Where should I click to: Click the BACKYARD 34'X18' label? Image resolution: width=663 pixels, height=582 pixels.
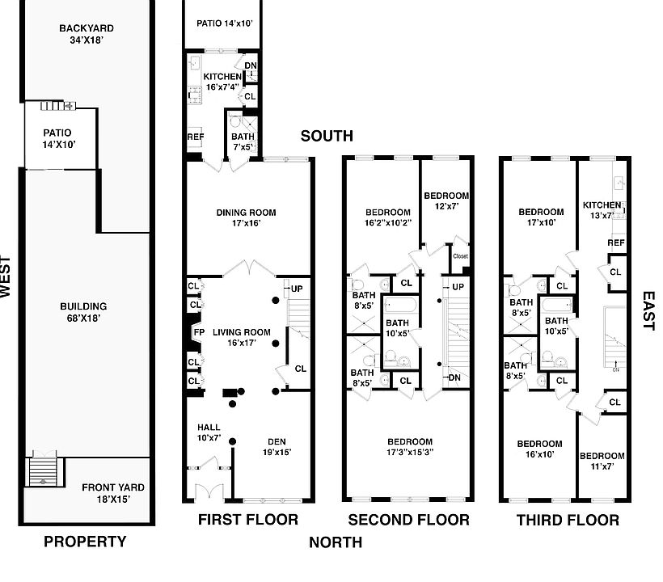pyautogui.click(x=87, y=34)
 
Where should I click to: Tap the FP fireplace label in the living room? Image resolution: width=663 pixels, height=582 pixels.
pyautogui.click(x=199, y=332)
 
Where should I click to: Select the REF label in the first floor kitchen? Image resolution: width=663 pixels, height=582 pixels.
pyautogui.click(x=196, y=137)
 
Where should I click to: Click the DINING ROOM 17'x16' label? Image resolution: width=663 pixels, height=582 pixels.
pyautogui.click(x=246, y=217)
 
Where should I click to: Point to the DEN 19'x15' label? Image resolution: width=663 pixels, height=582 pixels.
pyautogui.click(x=277, y=447)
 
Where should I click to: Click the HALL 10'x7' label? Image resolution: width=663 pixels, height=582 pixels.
pyautogui.click(x=209, y=432)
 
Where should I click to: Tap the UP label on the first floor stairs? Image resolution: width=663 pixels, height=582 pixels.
pyautogui.click(x=297, y=289)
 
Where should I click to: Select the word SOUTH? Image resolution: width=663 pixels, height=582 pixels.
pyautogui.click(x=327, y=136)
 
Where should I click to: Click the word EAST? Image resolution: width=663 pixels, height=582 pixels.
pyautogui.click(x=648, y=310)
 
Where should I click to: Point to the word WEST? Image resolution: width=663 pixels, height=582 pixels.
pyautogui.click(x=5, y=276)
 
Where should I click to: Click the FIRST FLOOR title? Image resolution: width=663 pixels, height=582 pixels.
pyautogui.click(x=248, y=520)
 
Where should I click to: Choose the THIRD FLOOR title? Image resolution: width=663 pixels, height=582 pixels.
pyautogui.click(x=568, y=520)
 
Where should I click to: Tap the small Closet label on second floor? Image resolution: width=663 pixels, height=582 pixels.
pyautogui.click(x=461, y=256)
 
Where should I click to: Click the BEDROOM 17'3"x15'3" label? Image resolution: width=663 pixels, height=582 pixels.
pyautogui.click(x=410, y=447)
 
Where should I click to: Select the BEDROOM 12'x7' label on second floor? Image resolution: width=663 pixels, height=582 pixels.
pyautogui.click(x=446, y=200)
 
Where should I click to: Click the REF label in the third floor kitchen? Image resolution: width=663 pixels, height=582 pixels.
pyautogui.click(x=616, y=242)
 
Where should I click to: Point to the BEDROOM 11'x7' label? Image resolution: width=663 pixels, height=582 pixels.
pyautogui.click(x=602, y=461)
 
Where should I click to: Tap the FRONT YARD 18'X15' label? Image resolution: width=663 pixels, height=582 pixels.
pyautogui.click(x=113, y=493)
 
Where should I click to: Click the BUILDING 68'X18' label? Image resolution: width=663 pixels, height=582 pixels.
pyautogui.click(x=83, y=312)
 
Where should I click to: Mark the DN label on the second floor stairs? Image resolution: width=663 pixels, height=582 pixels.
pyautogui.click(x=454, y=377)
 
